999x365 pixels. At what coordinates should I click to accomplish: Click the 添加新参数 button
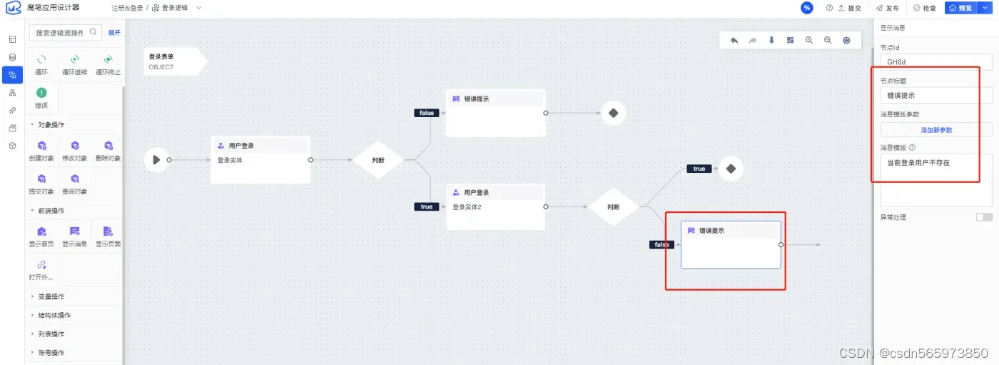[935, 130]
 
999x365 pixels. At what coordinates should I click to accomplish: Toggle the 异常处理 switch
[984, 217]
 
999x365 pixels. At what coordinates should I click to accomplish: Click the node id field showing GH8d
[935, 62]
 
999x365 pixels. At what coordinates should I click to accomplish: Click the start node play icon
[156, 160]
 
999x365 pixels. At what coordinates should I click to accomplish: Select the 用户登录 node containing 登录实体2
[496, 206]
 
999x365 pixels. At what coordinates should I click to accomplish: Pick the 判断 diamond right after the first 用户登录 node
[378, 160]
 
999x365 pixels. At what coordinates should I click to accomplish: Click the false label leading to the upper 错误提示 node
[426, 113]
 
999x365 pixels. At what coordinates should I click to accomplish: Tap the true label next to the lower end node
[699, 169]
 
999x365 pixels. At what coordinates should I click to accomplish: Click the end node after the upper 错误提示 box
[613, 113]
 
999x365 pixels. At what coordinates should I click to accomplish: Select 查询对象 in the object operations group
[74, 184]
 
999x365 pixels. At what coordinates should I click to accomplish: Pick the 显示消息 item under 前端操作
[74, 236]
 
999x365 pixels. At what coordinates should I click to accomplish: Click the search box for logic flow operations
[61, 32]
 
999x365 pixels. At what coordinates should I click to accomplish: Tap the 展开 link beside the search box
[114, 32]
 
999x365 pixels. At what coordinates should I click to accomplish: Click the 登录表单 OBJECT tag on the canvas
[171, 61]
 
